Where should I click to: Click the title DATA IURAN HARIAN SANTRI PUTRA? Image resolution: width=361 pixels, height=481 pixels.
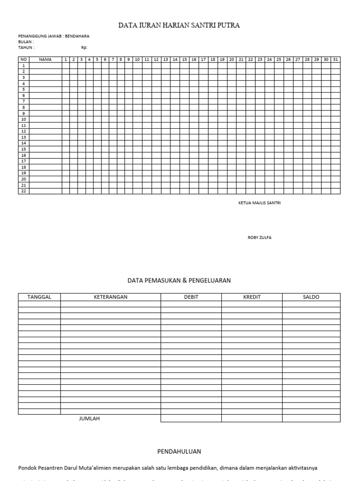click(179, 25)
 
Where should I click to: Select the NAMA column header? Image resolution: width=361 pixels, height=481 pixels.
click(45, 60)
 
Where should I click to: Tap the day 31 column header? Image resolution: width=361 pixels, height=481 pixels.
click(335, 60)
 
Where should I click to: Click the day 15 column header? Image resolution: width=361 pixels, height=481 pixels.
click(184, 60)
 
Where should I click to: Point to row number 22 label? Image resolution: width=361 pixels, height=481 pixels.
click(24, 191)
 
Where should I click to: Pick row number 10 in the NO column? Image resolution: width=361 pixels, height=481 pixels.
click(24, 119)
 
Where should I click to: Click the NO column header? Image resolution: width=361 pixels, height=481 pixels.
click(24, 60)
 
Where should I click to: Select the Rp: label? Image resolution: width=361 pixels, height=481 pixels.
click(84, 47)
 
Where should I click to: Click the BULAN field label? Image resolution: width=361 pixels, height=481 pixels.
click(26, 42)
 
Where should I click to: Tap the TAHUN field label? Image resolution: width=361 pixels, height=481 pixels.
click(26, 47)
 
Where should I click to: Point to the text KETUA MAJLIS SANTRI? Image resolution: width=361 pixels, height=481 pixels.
click(259, 203)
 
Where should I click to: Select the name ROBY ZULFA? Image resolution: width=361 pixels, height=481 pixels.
click(259, 238)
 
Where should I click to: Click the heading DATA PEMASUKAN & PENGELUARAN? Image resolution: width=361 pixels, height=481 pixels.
click(179, 280)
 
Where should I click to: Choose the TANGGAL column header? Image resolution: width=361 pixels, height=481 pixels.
click(39, 297)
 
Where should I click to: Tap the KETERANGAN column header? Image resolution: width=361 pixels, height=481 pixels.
click(110, 297)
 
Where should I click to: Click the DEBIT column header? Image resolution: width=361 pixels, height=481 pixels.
click(191, 297)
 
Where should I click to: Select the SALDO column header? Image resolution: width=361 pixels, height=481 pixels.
click(311, 297)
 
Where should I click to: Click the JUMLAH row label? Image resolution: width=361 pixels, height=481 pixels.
click(89, 419)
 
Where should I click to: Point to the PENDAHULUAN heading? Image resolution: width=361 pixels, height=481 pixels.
click(179, 451)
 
